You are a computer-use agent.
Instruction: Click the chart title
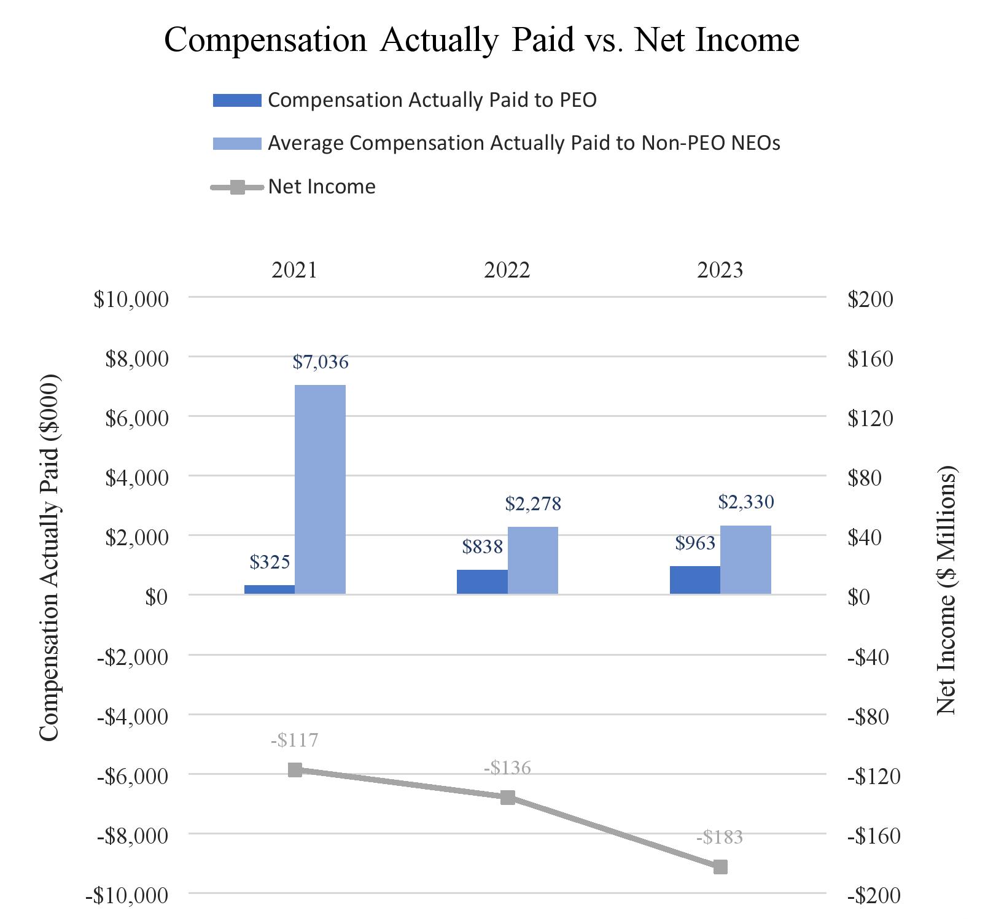click(481, 41)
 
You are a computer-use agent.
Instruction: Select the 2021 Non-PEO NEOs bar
click(320, 489)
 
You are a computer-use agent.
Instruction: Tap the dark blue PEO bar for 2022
click(482, 581)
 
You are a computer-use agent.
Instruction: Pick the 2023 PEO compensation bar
click(694, 580)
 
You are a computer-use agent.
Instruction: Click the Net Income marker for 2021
click(295, 770)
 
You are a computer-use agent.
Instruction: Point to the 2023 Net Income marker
click(720, 867)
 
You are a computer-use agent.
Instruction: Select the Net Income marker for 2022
click(507, 798)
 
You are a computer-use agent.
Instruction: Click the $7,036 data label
click(320, 362)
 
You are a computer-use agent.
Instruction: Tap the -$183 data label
click(720, 837)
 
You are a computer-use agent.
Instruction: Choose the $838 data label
click(482, 546)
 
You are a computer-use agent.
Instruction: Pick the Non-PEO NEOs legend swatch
click(236, 144)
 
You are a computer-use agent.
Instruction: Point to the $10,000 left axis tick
click(131, 299)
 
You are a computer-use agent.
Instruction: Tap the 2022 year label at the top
click(507, 270)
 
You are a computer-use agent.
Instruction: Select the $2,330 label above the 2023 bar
click(745, 502)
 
